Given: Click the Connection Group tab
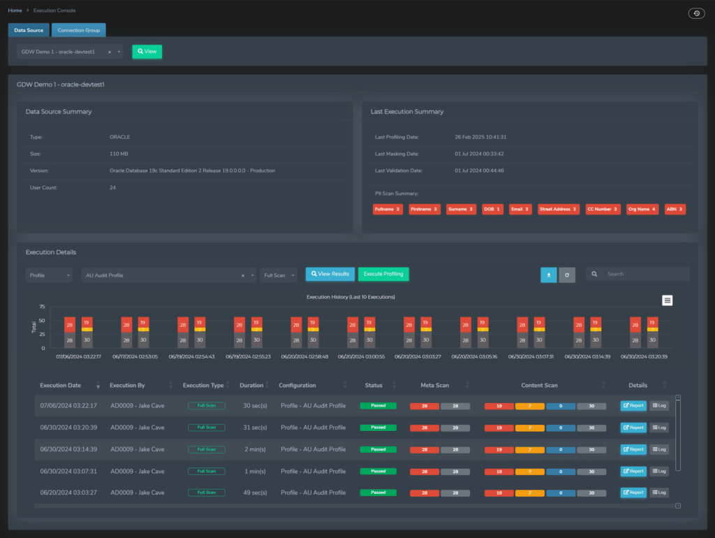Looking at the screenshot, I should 78,30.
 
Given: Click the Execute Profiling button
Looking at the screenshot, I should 383,274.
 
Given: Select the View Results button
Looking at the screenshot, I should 330,274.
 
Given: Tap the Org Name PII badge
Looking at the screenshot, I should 642,209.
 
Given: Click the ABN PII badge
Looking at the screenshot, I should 675,209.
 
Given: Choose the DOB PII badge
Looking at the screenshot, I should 493,209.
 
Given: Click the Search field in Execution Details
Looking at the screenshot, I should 642,274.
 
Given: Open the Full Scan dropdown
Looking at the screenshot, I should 278,275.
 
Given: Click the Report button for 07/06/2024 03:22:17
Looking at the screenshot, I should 633,405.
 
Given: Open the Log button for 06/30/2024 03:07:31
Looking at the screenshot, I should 658,471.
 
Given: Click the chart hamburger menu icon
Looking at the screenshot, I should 668,300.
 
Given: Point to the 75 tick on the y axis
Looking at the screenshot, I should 43,307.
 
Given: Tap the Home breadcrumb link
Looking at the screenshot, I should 15,10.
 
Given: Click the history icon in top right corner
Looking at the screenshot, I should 695,13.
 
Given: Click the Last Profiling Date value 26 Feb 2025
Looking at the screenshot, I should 480,137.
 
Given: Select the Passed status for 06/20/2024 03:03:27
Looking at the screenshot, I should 378,493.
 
